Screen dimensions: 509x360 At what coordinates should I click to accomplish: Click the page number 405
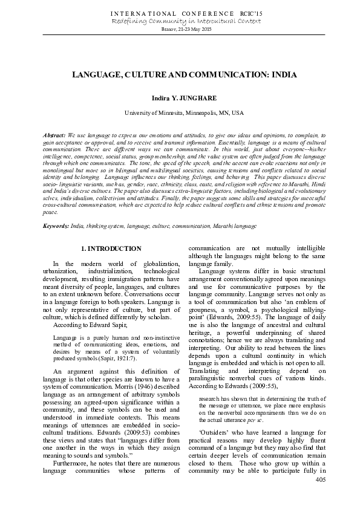321,479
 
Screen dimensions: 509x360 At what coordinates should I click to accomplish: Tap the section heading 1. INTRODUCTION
111,248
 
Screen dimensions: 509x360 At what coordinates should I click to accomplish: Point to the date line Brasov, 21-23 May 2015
180,29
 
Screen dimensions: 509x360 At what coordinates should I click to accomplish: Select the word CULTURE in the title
142,75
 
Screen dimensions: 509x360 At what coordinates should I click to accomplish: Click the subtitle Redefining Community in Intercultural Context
180,21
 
